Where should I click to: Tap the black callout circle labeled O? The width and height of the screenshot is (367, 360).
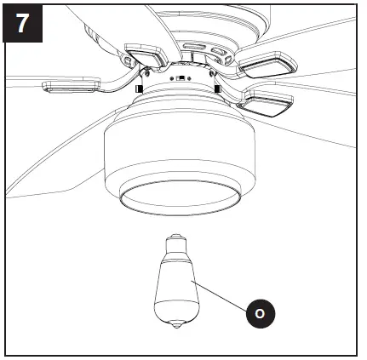tap(260, 314)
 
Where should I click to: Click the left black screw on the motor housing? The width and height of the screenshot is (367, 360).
tap(136, 88)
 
